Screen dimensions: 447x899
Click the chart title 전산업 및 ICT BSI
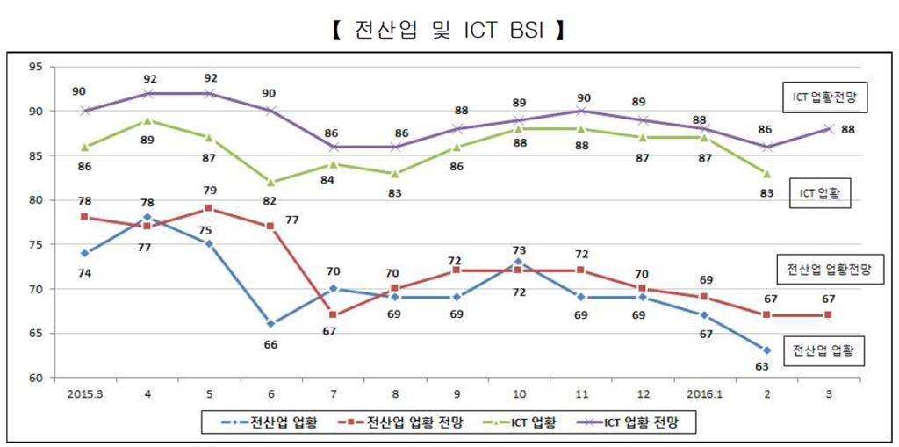(x=449, y=32)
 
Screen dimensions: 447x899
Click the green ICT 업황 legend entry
(x=521, y=423)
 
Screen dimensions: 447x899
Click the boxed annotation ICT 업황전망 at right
(x=825, y=97)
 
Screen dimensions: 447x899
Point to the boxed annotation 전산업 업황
(x=822, y=351)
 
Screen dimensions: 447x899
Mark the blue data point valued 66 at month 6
(x=270, y=324)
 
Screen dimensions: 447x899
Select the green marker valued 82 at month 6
(x=270, y=182)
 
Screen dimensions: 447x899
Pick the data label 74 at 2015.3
(x=84, y=272)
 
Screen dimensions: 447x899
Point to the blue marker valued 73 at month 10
(x=519, y=262)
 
